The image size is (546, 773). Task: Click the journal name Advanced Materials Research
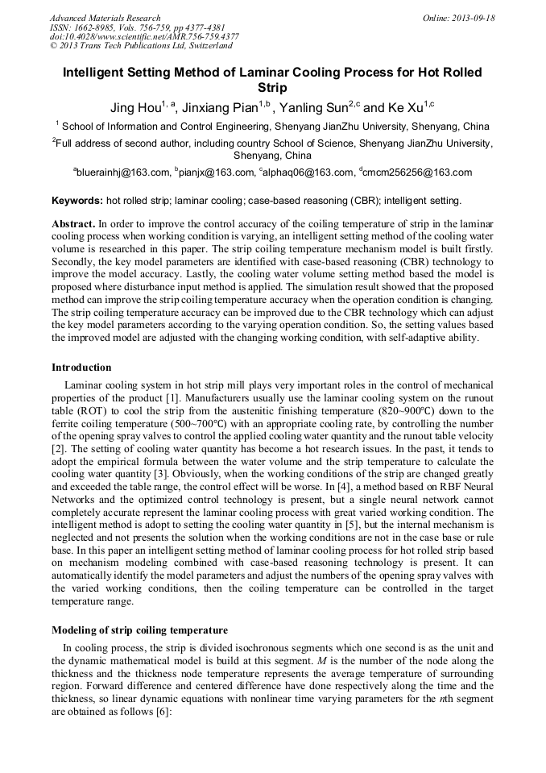105,18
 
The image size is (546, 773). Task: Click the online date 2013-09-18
470,18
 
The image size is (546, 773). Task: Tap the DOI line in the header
144,36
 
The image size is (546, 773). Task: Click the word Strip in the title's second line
272,88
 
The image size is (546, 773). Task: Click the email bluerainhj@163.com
124,172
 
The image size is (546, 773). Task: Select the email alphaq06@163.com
308,172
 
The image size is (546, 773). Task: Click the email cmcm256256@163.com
419,172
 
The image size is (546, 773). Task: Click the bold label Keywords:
77,200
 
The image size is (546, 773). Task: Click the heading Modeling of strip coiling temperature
139,630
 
